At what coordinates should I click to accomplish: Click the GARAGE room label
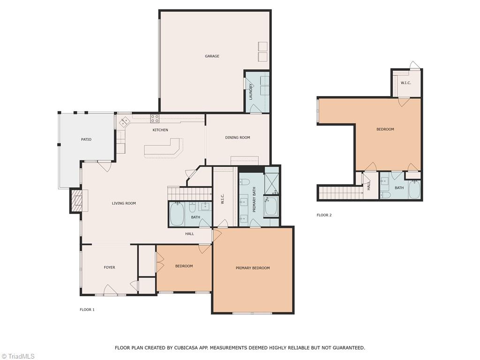point(212,56)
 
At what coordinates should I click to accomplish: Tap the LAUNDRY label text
point(251,91)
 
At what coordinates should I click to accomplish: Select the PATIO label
point(86,139)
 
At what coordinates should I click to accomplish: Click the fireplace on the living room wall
point(75,201)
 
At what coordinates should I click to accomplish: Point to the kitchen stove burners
point(154,119)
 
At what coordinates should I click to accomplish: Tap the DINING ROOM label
point(238,138)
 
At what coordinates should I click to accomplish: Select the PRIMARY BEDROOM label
point(253,268)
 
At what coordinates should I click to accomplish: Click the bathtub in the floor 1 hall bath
point(177,214)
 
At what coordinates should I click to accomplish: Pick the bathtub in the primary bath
point(271,207)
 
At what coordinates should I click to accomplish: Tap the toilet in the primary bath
point(245,182)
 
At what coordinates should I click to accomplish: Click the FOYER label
point(109,268)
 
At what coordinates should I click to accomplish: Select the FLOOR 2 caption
point(324,215)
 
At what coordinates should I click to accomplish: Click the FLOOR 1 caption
point(87,310)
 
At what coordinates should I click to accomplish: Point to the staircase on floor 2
point(340,192)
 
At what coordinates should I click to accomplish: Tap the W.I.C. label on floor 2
point(406,83)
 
